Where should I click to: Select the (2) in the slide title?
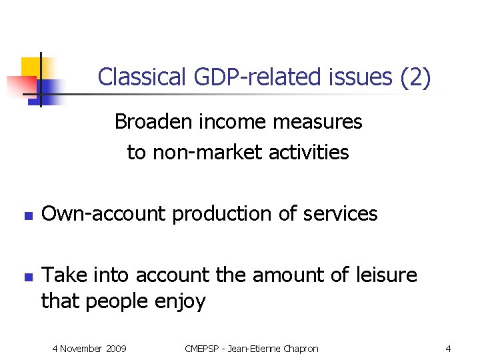(x=415, y=78)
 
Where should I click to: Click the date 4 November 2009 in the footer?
(x=90, y=349)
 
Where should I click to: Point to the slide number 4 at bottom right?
(x=448, y=349)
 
